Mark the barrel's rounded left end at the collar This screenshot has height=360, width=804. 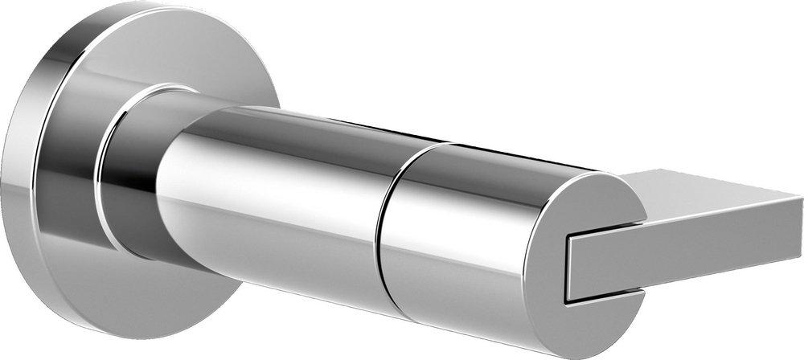(165, 201)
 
